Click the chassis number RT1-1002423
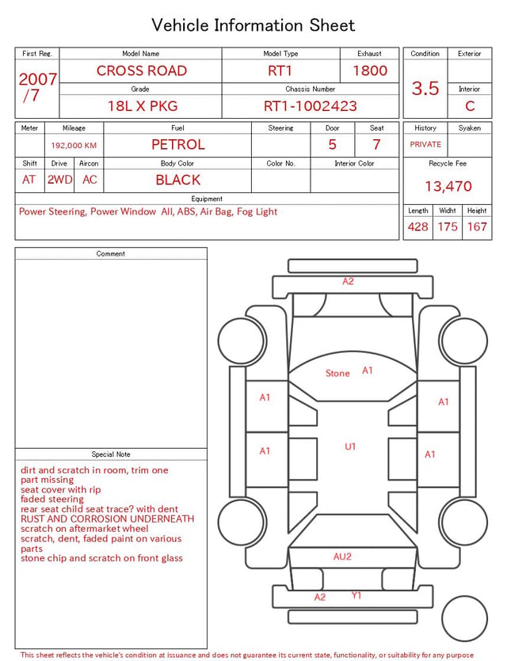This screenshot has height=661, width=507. (x=311, y=106)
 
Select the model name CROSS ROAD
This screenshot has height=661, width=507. (x=141, y=70)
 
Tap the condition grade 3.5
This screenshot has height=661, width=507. (x=425, y=88)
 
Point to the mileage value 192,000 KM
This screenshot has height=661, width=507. (x=74, y=146)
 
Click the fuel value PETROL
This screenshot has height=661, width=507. (x=178, y=145)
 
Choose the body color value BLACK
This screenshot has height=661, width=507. (x=178, y=180)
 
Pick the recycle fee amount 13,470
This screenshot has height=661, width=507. (x=448, y=186)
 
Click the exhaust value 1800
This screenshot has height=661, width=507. (x=370, y=70)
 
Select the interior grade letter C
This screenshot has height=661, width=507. (x=470, y=106)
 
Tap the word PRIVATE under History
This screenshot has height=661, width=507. (x=425, y=144)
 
